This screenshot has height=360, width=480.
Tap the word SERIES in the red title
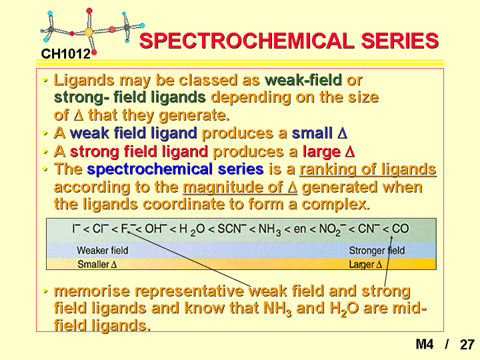[400, 41]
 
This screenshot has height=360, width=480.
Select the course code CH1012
[66, 54]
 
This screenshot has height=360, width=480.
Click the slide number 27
[467, 345]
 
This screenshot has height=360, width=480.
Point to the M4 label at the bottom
[425, 344]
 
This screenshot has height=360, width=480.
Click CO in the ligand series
[400, 229]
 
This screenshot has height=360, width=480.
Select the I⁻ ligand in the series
[76, 229]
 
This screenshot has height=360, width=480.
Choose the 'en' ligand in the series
[300, 229]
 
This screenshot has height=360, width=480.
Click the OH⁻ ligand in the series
[156, 229]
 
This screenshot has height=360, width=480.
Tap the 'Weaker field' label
[103, 251]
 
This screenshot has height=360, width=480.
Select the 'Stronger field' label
[377, 251]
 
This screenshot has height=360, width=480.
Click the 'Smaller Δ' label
[97, 264]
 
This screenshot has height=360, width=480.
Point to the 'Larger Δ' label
[365, 264]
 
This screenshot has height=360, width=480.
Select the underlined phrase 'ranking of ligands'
[368, 169]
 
